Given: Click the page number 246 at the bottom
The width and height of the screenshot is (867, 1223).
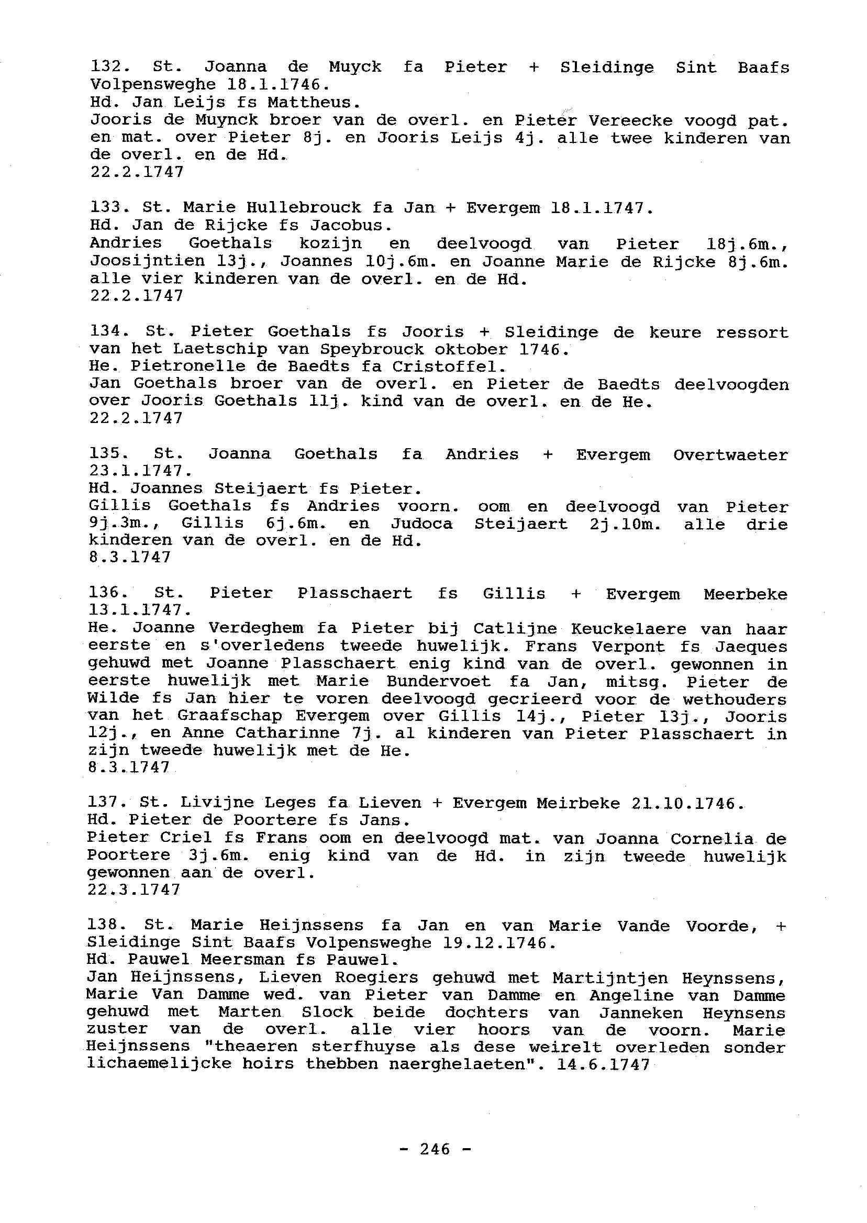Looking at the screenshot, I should [x=435, y=1148].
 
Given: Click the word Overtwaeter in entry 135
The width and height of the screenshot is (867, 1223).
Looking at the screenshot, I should [x=730, y=455].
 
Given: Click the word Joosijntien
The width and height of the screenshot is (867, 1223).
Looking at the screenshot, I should [x=147, y=262].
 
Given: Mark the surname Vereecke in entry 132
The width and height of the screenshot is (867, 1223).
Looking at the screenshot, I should [x=620, y=120].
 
